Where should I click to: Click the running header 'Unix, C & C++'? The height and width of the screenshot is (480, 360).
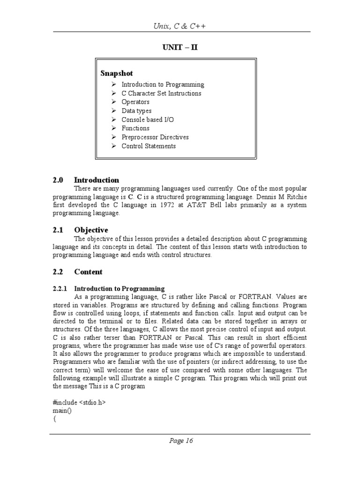coord(180,26)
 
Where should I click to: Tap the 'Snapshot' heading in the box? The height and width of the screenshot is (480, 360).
coord(117,73)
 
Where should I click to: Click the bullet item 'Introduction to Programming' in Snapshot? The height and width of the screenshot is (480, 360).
coord(163,85)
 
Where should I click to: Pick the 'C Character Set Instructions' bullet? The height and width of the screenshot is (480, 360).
coord(161,93)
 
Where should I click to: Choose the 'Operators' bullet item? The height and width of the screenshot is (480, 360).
coord(135,102)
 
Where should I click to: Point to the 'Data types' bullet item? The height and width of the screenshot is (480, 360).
coord(136,111)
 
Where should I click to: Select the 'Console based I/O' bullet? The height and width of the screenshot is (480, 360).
coord(147,120)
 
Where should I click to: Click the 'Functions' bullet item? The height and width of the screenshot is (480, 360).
coord(135,128)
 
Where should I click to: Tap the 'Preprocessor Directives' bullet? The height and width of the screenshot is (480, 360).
coord(155,137)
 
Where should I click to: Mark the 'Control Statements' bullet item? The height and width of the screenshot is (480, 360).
coord(149,146)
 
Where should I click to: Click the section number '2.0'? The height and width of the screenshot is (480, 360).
coord(58,180)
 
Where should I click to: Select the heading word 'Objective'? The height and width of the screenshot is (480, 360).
coord(91,230)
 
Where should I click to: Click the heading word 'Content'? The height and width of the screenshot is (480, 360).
coord(88,272)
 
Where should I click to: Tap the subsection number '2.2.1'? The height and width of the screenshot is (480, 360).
coord(60,289)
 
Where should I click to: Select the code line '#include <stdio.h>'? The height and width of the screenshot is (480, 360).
coord(76,402)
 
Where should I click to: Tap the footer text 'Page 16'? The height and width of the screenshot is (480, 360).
coord(180,441)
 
